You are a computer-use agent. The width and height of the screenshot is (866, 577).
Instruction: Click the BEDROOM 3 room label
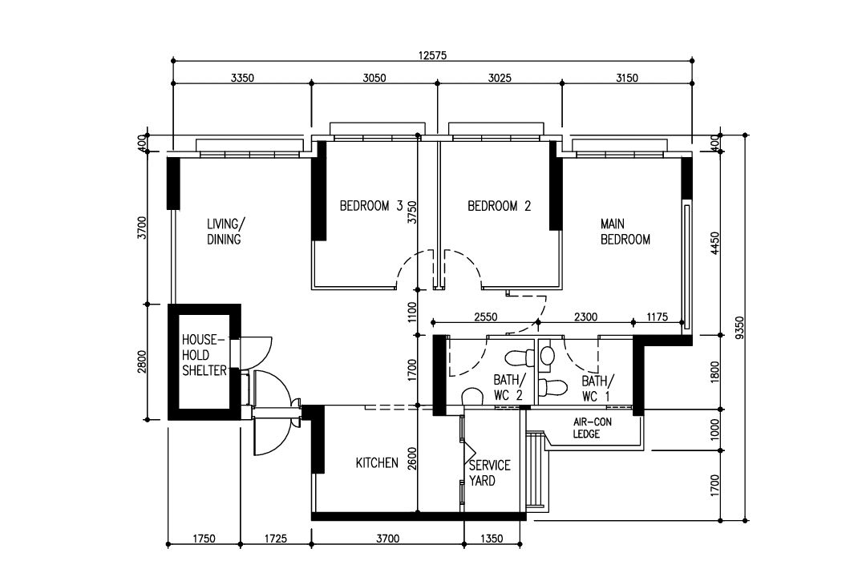pos(371,206)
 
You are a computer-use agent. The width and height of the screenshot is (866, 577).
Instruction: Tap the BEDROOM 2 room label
pos(499,206)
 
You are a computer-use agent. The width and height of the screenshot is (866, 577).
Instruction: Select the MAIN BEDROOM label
pos(625,232)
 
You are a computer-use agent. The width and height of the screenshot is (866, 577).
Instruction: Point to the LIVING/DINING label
pos(224,232)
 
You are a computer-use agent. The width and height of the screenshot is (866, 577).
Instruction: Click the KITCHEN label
pos(377,463)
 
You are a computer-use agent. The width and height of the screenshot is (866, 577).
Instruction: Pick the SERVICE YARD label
pos(489,473)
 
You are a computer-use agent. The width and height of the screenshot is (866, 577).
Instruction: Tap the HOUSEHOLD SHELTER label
pos(204,354)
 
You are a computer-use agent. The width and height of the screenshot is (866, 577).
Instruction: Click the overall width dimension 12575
pos(432,55)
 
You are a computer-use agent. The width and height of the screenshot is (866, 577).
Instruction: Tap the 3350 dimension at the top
pos(241,78)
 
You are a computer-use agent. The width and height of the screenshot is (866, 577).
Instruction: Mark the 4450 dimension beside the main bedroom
pos(715,244)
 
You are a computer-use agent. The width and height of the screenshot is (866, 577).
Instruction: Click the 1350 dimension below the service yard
pos(492,539)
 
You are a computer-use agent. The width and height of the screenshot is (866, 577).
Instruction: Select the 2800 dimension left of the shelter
pos(142,362)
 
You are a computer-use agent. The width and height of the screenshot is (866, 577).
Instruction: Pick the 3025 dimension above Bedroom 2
pos(499,78)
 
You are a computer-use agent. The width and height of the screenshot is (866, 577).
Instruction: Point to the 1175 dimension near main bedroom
pos(657,317)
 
